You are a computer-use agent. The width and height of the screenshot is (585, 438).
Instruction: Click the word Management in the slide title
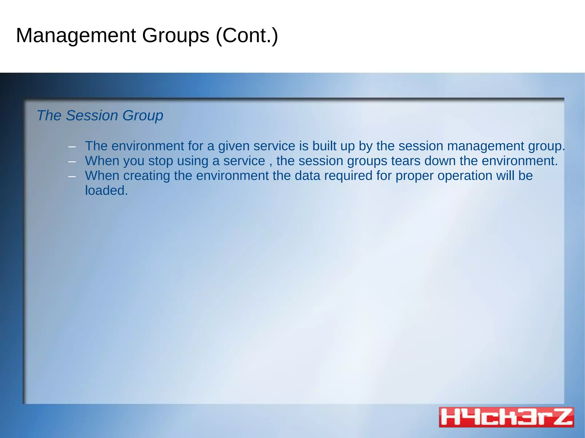(x=76, y=36)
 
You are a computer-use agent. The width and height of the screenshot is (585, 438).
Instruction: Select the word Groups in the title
(x=176, y=36)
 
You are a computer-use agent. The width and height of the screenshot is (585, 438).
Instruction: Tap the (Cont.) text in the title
(x=247, y=36)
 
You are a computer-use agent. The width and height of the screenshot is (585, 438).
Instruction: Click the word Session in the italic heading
(x=92, y=116)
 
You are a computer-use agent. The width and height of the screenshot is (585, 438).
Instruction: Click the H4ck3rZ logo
(x=506, y=417)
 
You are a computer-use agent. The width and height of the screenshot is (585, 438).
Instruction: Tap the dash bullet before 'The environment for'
(x=72, y=147)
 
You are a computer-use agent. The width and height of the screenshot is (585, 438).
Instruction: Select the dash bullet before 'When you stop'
(x=72, y=162)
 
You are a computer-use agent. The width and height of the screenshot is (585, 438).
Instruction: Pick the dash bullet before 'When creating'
(x=72, y=176)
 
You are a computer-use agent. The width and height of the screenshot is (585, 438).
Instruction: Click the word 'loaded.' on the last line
(x=106, y=191)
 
